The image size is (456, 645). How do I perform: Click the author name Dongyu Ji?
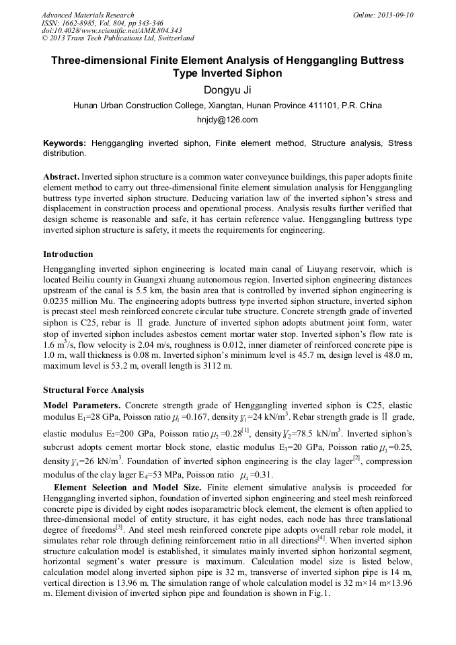click(x=227, y=90)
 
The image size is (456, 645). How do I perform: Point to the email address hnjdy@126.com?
click(x=227, y=120)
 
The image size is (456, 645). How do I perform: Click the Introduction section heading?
click(x=68, y=254)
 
